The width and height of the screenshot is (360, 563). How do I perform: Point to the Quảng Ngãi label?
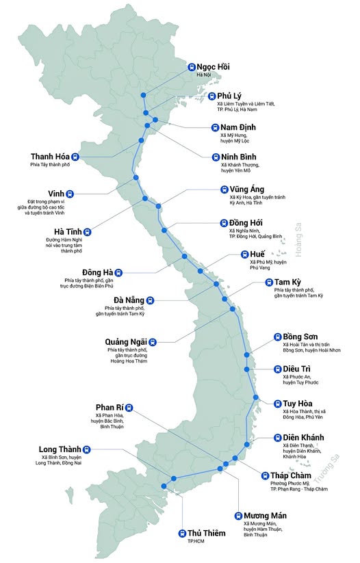(125, 341)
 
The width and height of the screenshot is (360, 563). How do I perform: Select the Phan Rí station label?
(109, 408)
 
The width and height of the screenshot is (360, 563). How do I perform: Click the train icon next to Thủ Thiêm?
(182, 534)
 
